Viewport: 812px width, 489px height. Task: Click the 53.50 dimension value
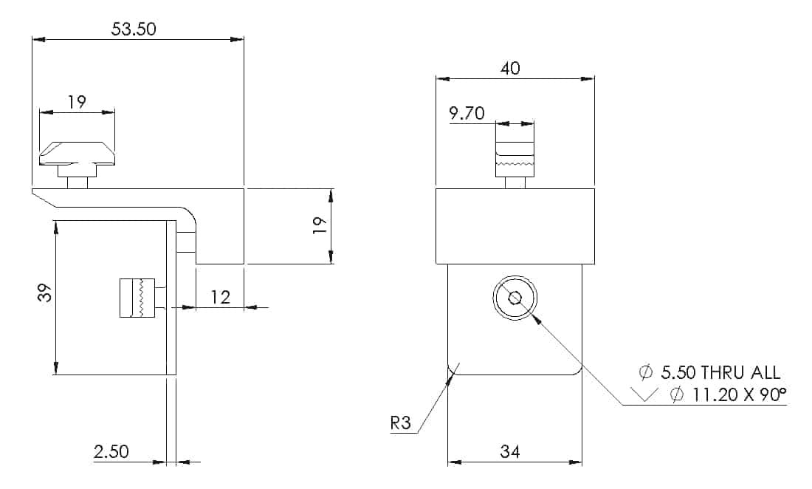[133, 29]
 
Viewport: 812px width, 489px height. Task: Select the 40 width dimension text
[510, 69]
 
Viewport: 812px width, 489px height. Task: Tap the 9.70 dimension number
[467, 113]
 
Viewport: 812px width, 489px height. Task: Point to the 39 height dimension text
[46, 293]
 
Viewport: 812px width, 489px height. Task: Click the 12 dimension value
[220, 297]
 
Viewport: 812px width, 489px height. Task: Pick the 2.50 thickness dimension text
[111, 452]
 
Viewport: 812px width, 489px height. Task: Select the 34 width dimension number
[510, 452]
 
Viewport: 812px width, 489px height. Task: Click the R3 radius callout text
[400, 423]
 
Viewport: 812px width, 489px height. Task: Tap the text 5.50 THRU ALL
[720, 372]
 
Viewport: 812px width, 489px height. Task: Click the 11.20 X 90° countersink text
[740, 394]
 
